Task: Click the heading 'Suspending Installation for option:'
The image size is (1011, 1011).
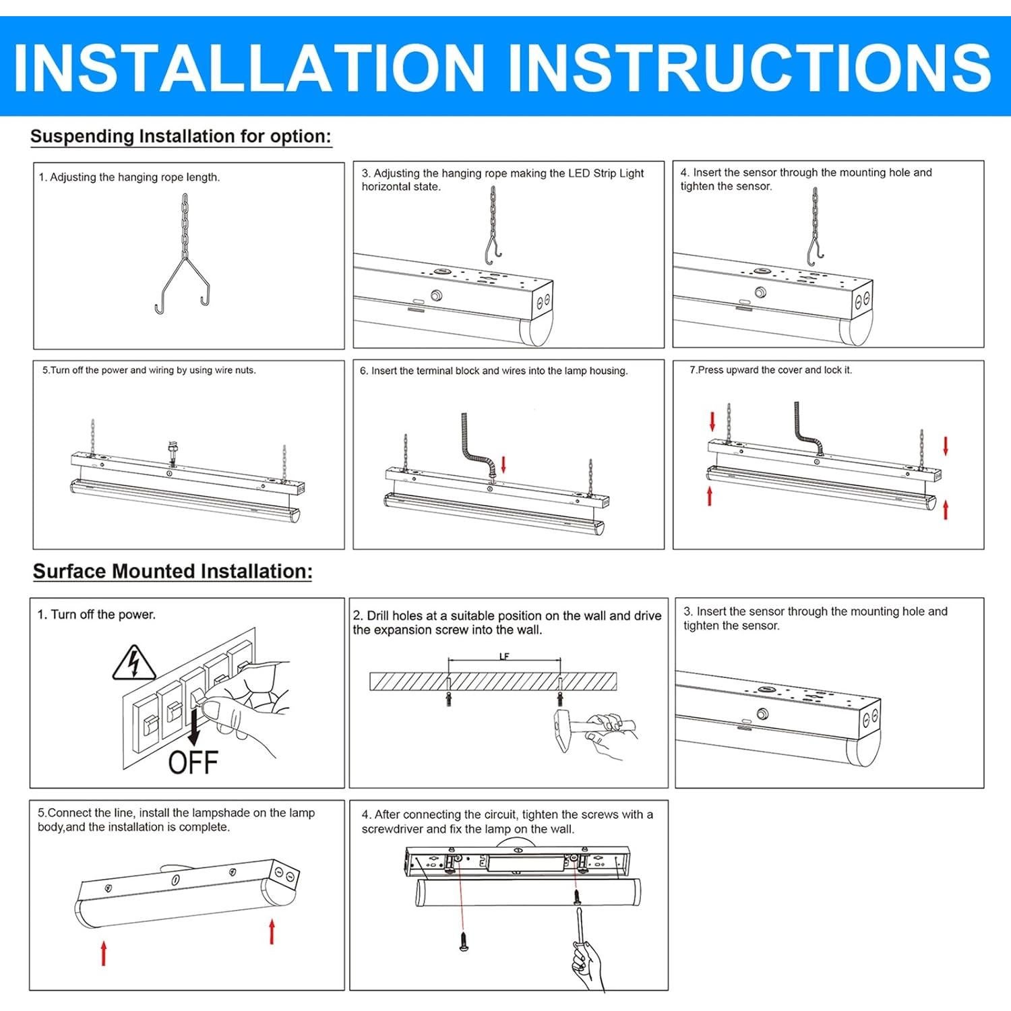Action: (181, 137)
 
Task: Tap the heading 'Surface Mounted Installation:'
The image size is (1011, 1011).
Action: (173, 572)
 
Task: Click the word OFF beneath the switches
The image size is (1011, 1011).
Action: (193, 762)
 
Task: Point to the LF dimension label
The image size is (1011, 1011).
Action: (504, 656)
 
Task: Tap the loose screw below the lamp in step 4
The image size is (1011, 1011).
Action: (464, 941)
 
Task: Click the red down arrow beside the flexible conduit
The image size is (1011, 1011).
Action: (503, 464)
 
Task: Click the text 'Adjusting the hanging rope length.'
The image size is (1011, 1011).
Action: (135, 177)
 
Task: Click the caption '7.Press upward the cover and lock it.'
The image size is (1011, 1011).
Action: (770, 370)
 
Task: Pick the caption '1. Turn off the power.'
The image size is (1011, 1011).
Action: (96, 615)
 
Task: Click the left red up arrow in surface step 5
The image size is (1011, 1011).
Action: (104, 954)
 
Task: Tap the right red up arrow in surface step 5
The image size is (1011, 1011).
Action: (272, 931)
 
